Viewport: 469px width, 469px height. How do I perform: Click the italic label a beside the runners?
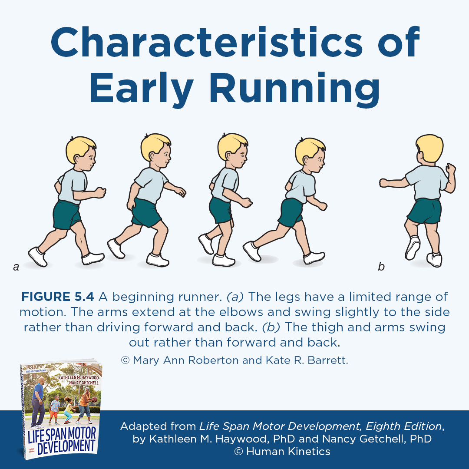(x=17, y=267)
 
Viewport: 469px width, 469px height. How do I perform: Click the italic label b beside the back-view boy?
(x=381, y=267)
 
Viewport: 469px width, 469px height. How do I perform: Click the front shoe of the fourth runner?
(x=314, y=258)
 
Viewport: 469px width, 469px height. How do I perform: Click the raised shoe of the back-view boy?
(x=413, y=248)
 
